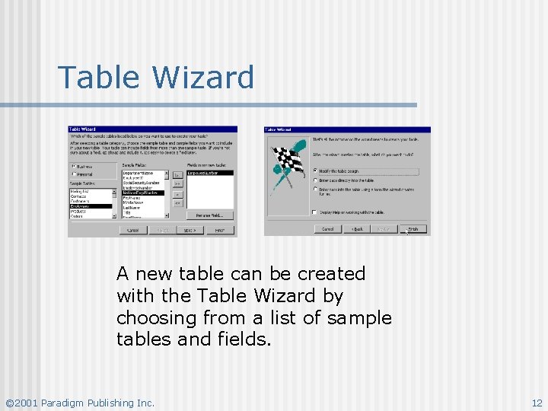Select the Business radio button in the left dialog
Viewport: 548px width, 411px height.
[x=74, y=166]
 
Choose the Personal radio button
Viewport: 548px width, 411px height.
[x=74, y=174]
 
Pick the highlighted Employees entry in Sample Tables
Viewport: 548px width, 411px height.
[x=90, y=206]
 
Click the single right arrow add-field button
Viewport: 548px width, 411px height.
[x=177, y=174]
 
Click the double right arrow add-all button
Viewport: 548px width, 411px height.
[x=177, y=183]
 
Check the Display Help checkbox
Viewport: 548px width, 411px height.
[x=315, y=212]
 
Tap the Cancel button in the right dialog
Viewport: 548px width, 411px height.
[x=327, y=228]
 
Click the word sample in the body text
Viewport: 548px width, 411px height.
[x=359, y=317]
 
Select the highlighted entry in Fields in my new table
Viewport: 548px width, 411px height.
[x=209, y=174]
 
